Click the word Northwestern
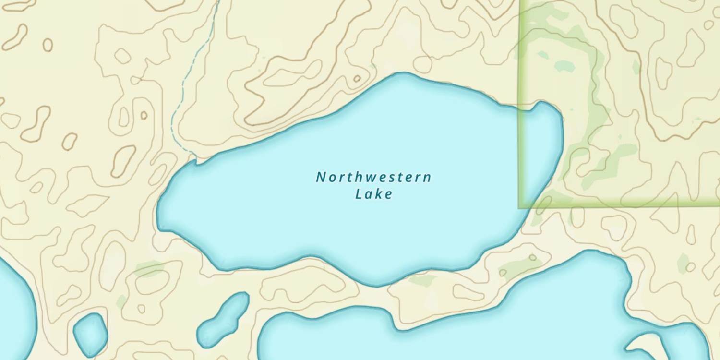(x=373, y=178)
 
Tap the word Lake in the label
(x=374, y=194)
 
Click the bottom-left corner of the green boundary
(x=519, y=207)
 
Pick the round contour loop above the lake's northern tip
(x=423, y=64)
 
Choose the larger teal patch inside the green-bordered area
(x=564, y=66)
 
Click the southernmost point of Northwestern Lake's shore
(x=376, y=286)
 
